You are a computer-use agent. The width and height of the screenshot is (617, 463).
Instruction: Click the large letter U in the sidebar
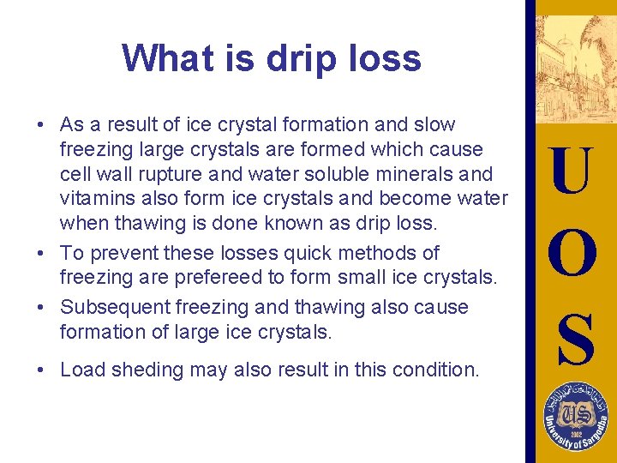pos(572,170)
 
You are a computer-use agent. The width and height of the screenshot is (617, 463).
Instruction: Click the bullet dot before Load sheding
pos(41,370)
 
